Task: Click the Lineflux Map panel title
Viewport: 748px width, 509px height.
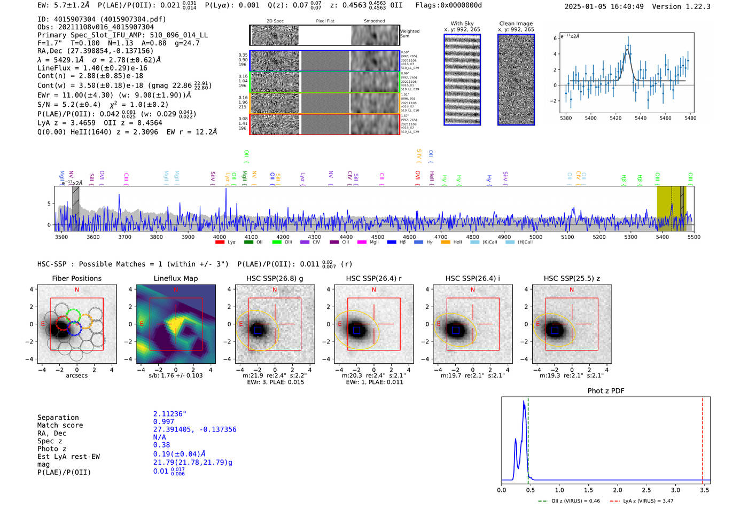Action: [175, 278]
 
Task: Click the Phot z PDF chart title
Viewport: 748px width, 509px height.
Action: [606, 390]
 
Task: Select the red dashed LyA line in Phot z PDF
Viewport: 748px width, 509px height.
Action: [703, 438]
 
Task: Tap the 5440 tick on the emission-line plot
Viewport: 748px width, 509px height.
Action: [640, 118]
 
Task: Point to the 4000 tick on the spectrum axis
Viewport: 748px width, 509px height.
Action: [220, 237]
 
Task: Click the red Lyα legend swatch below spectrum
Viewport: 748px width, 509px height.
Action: [220, 242]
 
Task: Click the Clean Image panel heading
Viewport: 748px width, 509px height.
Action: [516, 24]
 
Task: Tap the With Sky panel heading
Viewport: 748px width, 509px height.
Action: [462, 24]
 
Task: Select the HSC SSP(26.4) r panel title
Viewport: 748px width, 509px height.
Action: [373, 278]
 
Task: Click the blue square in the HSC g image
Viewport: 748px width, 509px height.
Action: [258, 331]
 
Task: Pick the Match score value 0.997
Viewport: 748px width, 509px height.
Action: [163, 421]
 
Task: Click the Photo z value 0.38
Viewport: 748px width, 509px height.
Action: [161, 445]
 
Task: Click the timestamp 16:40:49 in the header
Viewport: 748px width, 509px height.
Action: [626, 6]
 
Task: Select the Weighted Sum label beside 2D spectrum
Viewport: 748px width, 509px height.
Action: [409, 34]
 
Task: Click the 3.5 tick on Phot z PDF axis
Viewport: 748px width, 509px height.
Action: [705, 490]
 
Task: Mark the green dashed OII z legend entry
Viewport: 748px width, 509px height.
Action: [568, 501]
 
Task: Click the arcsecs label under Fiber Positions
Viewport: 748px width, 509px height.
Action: [76, 375]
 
